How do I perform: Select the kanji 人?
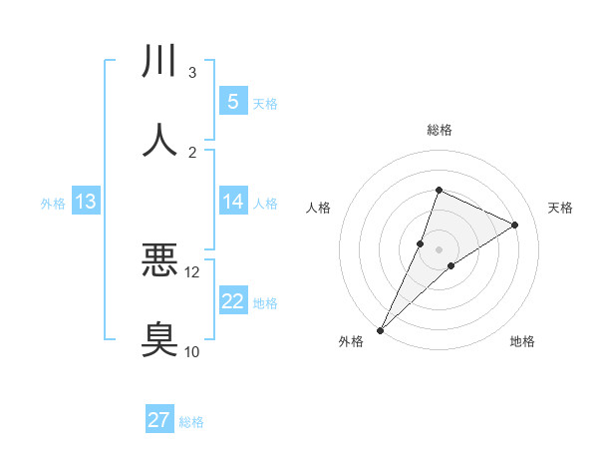(159, 139)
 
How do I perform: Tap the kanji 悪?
(159, 259)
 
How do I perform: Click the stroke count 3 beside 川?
(192, 73)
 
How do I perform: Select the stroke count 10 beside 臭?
(192, 351)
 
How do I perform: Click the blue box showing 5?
(232, 102)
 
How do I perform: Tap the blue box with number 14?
(232, 202)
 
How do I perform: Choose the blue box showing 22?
(232, 301)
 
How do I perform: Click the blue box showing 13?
(85, 203)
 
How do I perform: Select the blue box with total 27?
(159, 420)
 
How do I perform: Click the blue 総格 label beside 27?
(192, 422)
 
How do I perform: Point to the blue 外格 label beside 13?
(53, 204)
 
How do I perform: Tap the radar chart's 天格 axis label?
(561, 208)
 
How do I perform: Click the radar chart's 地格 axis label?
(522, 342)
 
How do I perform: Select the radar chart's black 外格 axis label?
(351, 342)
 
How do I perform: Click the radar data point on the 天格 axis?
(515, 226)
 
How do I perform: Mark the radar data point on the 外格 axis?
(380, 330)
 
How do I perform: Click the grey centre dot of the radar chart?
(439, 235)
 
